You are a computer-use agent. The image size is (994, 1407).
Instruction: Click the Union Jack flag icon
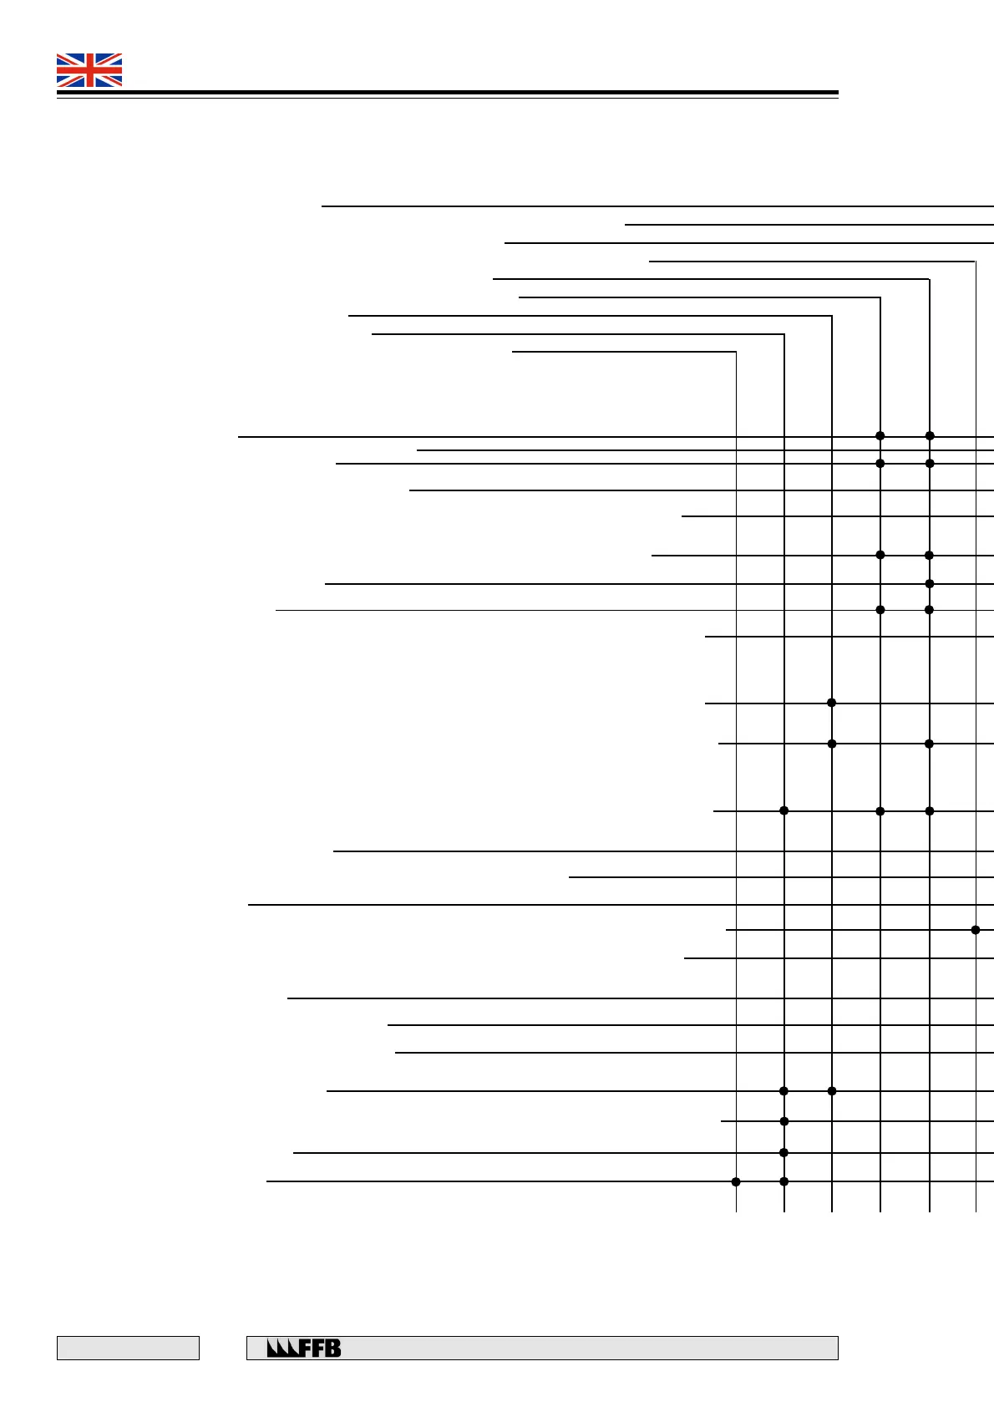[x=89, y=70]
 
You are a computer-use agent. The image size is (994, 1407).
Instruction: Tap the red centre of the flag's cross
[x=89, y=70]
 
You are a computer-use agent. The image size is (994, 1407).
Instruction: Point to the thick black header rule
[x=447, y=93]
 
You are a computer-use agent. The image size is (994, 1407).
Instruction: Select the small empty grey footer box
[x=128, y=1348]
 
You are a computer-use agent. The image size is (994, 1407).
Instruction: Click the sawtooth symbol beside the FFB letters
[x=282, y=1348]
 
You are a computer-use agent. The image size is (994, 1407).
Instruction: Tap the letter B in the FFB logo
[x=332, y=1348]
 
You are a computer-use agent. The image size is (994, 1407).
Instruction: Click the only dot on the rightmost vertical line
[x=976, y=929]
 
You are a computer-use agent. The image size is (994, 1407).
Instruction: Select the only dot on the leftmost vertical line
[x=736, y=1181]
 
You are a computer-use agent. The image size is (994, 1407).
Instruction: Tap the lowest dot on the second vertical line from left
[x=784, y=1181]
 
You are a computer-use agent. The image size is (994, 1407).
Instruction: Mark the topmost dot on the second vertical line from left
[x=784, y=810]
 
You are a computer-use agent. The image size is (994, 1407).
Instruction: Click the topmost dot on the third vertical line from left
[x=831, y=703]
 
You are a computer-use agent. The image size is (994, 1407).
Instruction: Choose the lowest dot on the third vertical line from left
[x=831, y=1090]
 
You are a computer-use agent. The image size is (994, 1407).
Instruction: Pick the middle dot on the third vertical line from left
[x=831, y=744]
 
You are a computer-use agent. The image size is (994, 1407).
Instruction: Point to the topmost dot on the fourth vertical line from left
[x=880, y=435]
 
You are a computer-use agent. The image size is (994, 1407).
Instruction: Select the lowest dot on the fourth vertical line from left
[x=880, y=810]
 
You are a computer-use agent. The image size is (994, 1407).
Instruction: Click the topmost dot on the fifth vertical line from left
[x=930, y=435]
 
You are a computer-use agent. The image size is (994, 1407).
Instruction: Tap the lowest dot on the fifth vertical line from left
[x=930, y=810]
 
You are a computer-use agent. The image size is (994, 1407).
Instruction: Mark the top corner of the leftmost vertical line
[x=736, y=352]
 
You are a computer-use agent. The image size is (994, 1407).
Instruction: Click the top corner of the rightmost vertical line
[x=976, y=262]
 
